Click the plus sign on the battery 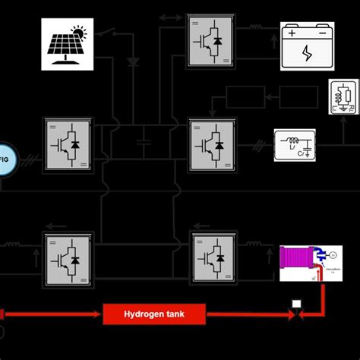[292, 33]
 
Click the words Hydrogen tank [154, 313]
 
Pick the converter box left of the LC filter [212, 143]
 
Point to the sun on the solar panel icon [80, 33]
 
